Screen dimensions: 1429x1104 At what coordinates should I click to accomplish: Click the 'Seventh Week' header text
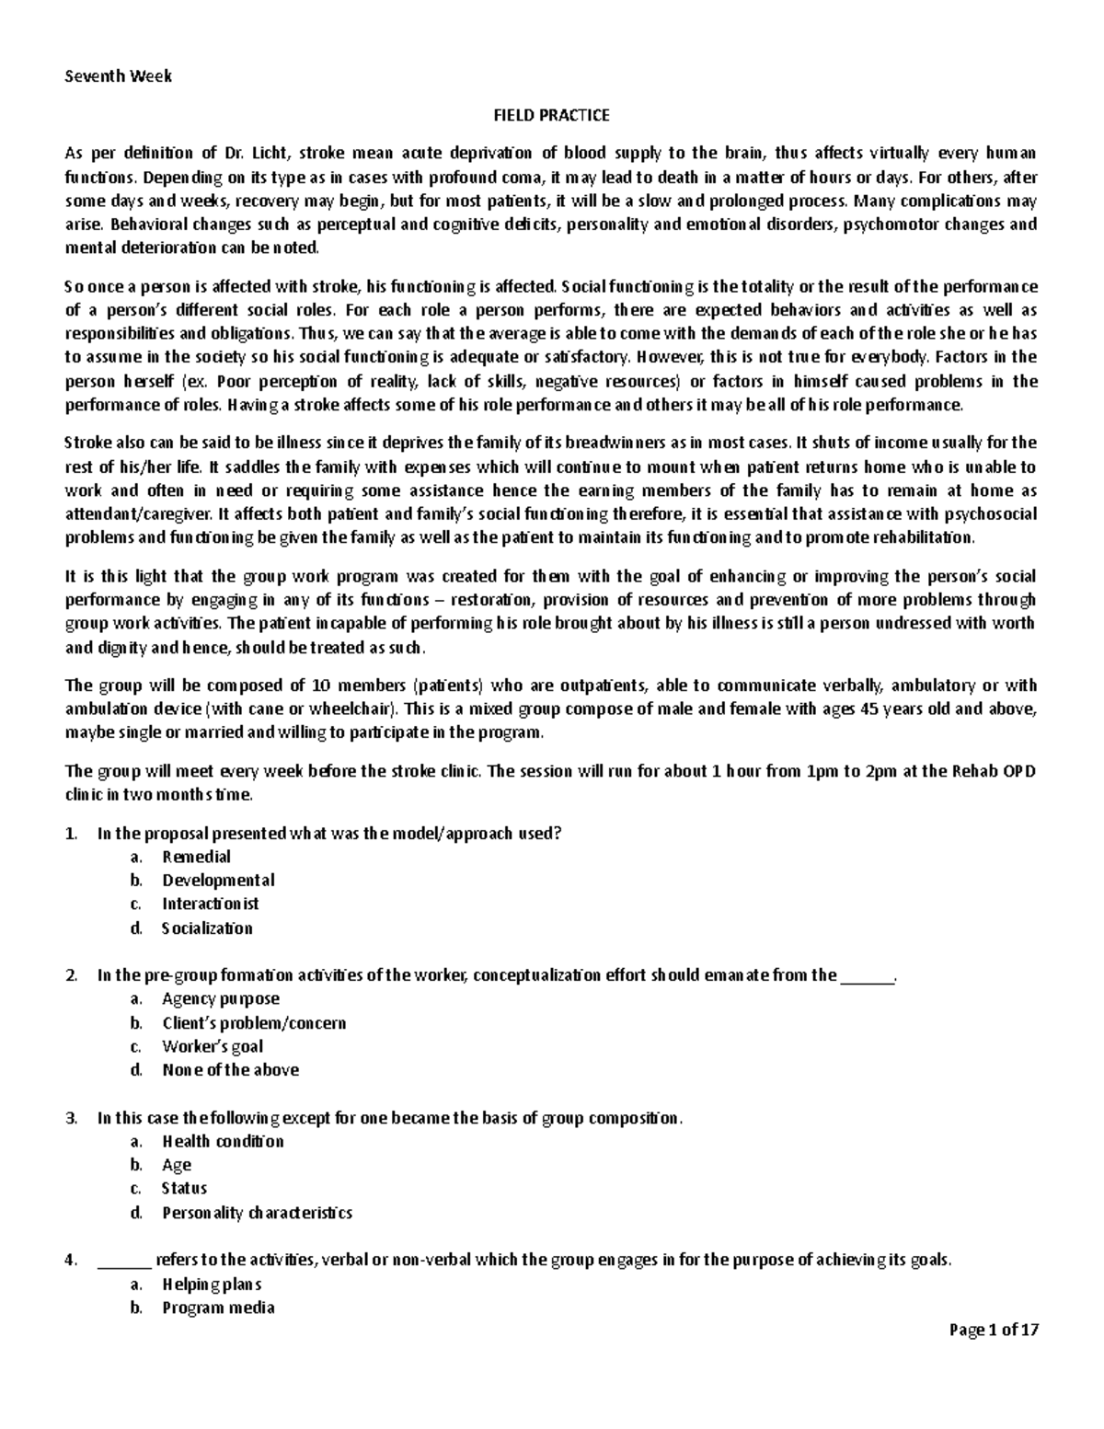click(118, 76)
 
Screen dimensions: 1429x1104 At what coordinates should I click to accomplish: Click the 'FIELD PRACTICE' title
click(551, 115)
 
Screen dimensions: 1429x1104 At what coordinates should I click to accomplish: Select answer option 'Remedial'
click(196, 857)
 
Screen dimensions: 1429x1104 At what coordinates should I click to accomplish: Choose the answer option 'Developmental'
click(218, 881)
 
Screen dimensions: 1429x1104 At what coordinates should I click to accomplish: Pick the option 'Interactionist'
click(211, 904)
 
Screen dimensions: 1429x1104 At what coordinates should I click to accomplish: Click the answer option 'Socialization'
click(207, 928)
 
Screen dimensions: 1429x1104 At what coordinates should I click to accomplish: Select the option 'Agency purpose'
click(221, 998)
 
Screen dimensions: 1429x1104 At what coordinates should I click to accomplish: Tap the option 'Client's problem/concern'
click(254, 1022)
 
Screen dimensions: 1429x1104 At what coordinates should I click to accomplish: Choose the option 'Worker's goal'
click(213, 1046)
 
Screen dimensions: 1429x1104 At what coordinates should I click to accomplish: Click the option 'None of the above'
click(230, 1069)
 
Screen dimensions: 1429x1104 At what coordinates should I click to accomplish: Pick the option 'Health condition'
click(223, 1141)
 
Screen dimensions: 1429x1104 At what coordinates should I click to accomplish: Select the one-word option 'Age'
click(177, 1165)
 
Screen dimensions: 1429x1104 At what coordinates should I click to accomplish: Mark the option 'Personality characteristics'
click(257, 1213)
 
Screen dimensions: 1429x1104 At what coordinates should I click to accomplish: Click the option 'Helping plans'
click(212, 1284)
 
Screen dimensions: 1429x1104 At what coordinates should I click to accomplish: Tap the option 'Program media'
click(218, 1308)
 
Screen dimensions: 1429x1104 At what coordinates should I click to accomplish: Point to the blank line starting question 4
click(124, 1261)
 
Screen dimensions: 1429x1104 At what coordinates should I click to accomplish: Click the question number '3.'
click(72, 1118)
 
